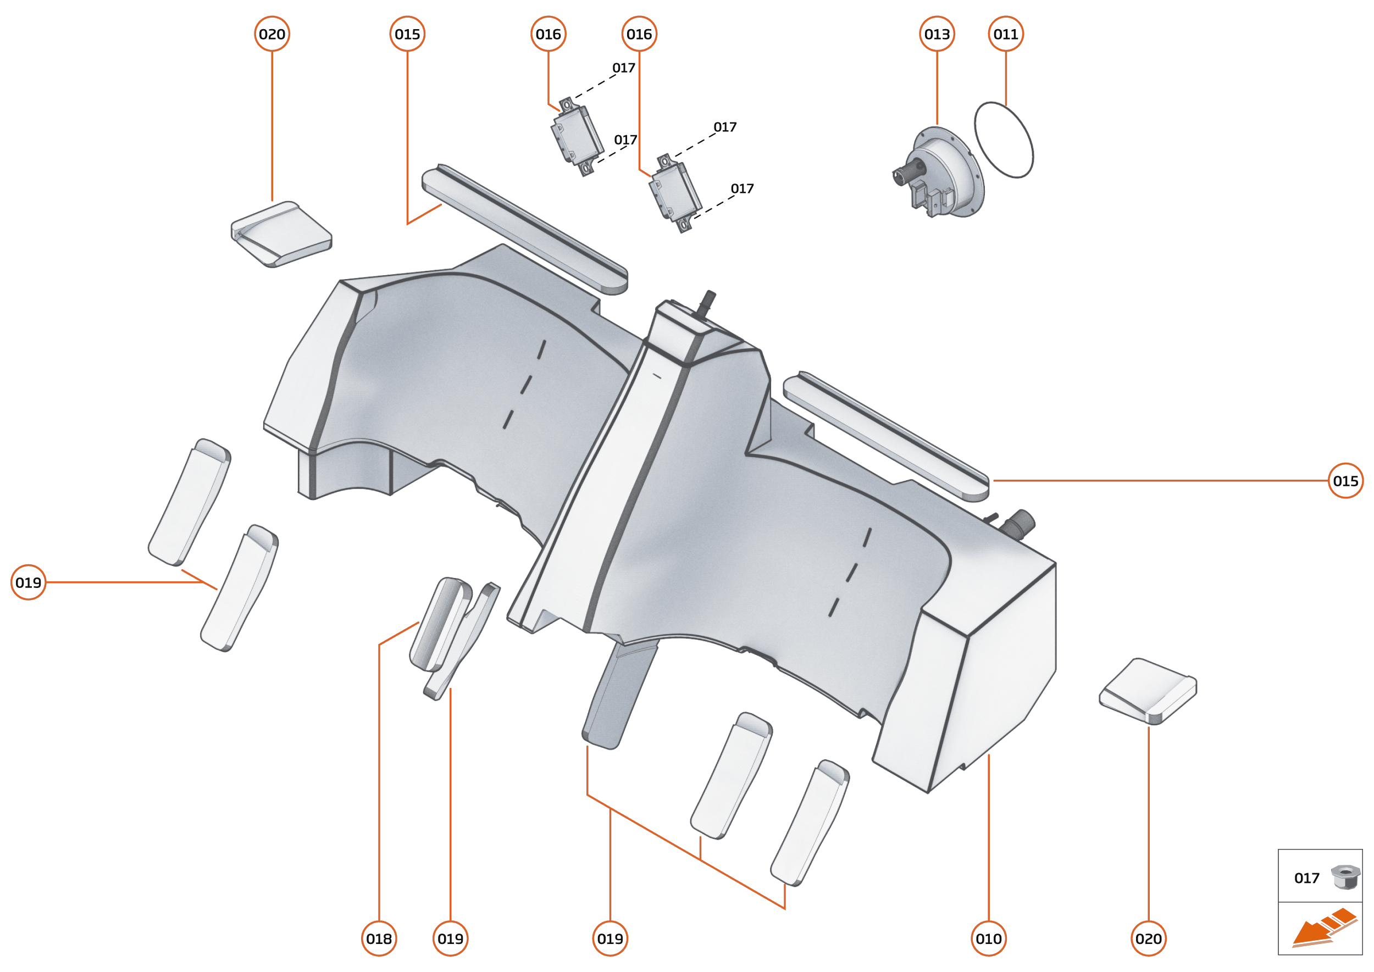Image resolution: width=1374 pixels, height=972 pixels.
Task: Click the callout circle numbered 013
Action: click(937, 34)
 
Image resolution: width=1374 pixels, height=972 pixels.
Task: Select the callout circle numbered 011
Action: click(1006, 34)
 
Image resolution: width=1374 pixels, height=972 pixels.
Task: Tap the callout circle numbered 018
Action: click(379, 938)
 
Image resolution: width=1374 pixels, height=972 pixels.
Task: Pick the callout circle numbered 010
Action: click(988, 938)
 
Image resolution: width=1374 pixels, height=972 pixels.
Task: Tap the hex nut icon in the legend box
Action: click(1345, 877)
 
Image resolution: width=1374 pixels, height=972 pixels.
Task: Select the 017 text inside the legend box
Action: click(1306, 878)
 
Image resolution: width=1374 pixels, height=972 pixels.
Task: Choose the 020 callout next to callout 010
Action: click(1148, 938)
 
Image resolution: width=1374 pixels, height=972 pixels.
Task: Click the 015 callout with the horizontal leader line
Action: click(1345, 481)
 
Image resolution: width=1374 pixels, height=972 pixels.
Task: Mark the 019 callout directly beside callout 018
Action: click(450, 938)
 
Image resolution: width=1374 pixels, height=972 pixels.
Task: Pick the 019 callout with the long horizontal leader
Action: click(28, 582)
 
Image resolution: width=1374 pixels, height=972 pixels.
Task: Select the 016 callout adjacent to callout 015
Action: click(549, 34)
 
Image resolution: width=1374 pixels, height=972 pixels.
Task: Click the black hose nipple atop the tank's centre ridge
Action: click(708, 299)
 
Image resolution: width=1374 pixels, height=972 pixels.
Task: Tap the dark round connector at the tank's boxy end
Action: click(1021, 522)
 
